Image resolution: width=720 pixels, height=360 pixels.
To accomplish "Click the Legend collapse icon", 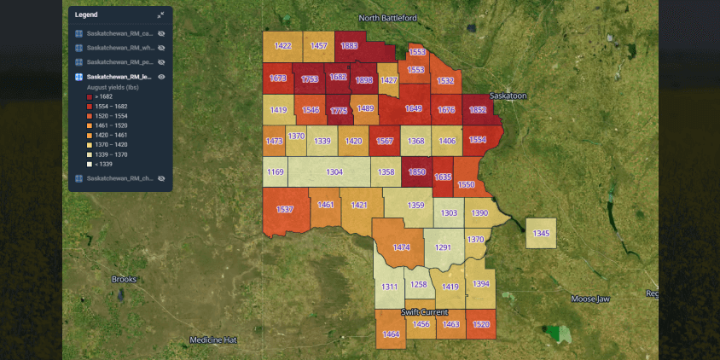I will tap(160, 15).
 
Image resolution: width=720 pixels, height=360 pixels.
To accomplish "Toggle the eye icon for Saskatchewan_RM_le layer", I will tap(161, 77).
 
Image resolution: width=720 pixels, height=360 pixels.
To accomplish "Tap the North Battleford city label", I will tap(388, 18).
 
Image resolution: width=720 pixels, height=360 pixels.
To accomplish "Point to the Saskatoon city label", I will tap(508, 96).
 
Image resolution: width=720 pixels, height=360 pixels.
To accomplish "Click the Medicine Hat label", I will tap(212, 340).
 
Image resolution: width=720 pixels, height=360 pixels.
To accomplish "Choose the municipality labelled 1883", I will tap(349, 46).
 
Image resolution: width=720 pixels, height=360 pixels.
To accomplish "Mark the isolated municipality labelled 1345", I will tap(541, 233).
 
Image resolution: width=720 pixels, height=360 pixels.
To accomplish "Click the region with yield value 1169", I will tap(275, 172).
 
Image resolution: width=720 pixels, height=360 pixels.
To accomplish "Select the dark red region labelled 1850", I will tap(416, 171).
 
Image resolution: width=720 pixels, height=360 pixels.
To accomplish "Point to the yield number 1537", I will tap(284, 209).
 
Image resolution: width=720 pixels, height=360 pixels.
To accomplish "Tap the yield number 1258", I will tap(418, 285).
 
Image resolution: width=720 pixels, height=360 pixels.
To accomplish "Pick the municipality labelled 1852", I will tap(477, 109).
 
